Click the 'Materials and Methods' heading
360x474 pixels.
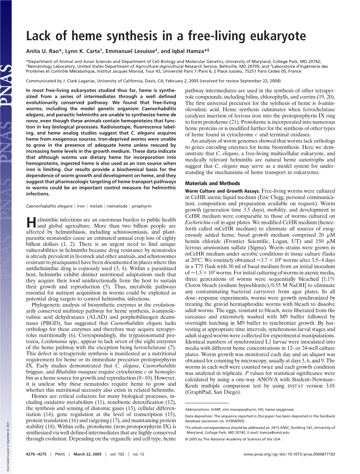click(x=212, y=183)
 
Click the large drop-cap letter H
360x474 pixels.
click(x=31, y=222)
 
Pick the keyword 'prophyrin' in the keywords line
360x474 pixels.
click(x=142, y=206)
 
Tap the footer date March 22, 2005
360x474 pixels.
click(x=88, y=454)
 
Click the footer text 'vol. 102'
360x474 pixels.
click(x=117, y=454)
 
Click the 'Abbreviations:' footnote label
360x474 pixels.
click(x=198, y=410)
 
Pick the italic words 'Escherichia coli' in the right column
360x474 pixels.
click(x=202, y=223)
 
